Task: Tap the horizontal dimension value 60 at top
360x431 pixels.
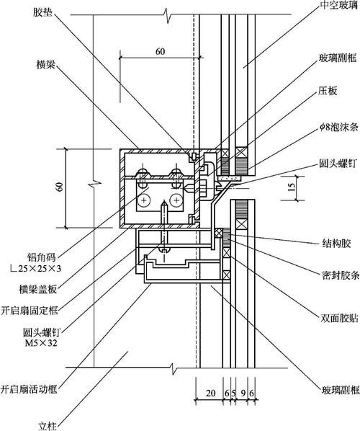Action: coord(158,51)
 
